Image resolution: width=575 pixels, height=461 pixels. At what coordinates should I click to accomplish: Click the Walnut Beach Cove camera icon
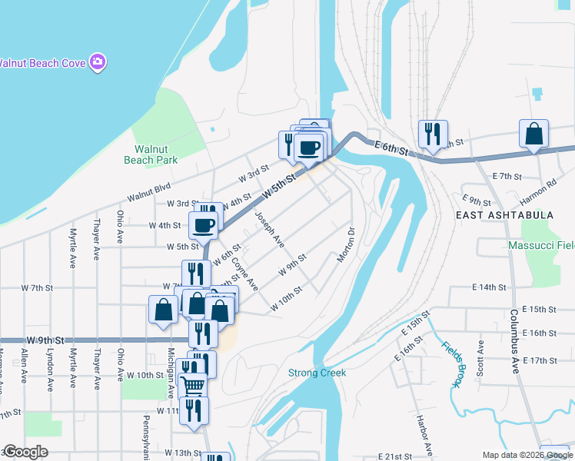click(98, 61)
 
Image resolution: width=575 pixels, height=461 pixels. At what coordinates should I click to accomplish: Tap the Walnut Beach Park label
click(151, 154)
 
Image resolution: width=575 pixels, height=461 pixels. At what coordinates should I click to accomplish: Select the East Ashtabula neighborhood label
click(504, 215)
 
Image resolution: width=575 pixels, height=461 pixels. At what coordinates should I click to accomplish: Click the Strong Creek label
click(317, 373)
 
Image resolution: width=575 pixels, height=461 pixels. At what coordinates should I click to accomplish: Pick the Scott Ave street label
click(480, 357)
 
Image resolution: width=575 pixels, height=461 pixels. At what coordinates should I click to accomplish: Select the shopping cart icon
click(193, 383)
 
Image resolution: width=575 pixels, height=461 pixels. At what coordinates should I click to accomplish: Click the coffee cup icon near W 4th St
click(204, 225)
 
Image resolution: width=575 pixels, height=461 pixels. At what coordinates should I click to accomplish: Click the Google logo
click(25, 453)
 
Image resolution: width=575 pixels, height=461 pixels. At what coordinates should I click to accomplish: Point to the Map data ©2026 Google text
click(527, 455)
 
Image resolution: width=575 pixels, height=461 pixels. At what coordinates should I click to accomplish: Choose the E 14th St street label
click(489, 287)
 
